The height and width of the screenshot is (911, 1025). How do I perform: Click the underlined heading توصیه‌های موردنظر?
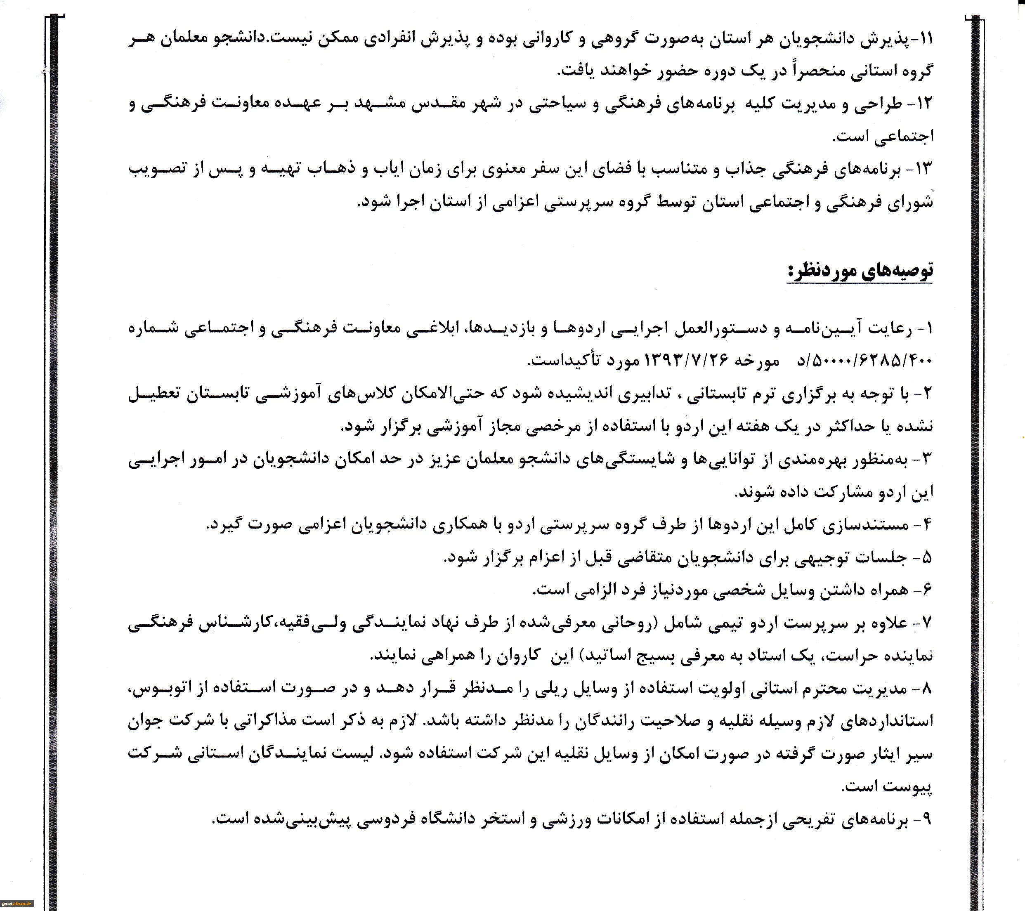pos(860,271)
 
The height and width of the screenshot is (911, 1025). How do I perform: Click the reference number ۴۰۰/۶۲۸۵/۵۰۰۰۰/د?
pos(864,360)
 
